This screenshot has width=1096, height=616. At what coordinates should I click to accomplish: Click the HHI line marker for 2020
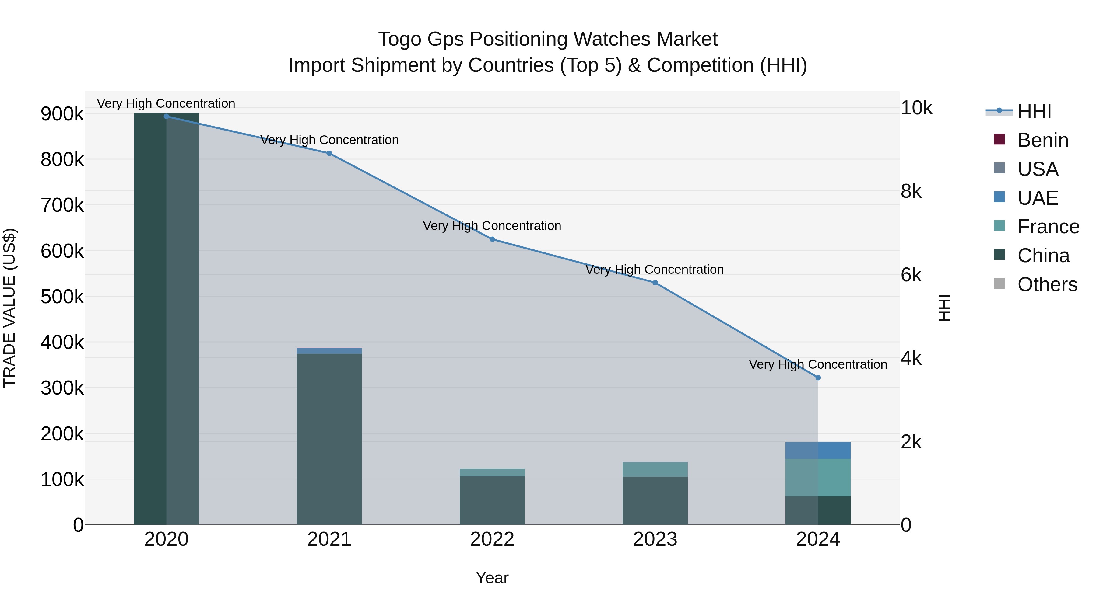[166, 117]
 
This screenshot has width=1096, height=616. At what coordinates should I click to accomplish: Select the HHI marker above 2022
[492, 239]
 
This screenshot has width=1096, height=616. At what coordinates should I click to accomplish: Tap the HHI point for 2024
[818, 378]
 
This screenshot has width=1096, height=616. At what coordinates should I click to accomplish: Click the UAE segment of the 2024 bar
[818, 450]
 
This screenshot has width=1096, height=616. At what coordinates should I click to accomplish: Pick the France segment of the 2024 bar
[818, 477]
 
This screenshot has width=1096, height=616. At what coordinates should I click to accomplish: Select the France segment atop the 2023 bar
[655, 469]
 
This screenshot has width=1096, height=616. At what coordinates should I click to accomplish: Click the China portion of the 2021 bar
[329, 438]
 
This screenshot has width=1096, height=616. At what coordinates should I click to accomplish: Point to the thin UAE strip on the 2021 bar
[329, 351]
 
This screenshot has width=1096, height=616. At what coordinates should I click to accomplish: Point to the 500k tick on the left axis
[62, 297]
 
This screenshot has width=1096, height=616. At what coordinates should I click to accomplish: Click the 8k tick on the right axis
[911, 191]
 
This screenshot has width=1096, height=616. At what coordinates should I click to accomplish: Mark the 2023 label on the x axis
[655, 539]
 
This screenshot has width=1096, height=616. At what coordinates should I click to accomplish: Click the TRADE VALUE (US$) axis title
[9, 308]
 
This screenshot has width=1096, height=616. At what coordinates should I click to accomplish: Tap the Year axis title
[492, 578]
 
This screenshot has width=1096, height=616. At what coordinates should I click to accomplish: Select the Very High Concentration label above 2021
[329, 140]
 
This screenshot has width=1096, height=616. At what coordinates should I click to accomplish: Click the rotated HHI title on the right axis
[944, 308]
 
